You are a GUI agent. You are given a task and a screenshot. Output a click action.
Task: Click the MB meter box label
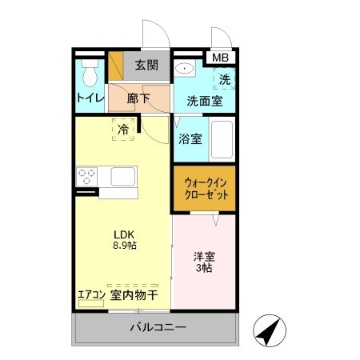click(x=219, y=58)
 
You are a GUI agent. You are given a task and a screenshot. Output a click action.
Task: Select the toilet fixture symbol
click(x=90, y=73)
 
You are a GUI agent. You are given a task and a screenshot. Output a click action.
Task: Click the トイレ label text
click(x=89, y=99)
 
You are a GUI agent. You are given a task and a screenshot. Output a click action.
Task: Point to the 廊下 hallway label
click(x=138, y=100)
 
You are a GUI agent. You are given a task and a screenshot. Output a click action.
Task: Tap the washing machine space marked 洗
click(x=225, y=79)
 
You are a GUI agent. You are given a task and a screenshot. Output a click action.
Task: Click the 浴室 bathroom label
click(x=190, y=138)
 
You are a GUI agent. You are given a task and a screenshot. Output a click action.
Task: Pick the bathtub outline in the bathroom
click(x=222, y=141)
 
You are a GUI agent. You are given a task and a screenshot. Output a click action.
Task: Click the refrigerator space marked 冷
click(x=124, y=130)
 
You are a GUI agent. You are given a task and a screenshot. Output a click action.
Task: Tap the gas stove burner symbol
click(x=86, y=175)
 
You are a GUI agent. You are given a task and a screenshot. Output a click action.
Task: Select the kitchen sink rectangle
click(x=123, y=176)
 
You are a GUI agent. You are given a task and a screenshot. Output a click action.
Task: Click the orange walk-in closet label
click(x=204, y=189)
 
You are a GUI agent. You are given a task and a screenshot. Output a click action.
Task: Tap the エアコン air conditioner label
click(x=91, y=294)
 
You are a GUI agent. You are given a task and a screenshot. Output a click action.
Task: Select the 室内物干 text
click(x=134, y=294)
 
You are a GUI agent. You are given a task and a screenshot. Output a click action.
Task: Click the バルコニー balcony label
click(x=157, y=328)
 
